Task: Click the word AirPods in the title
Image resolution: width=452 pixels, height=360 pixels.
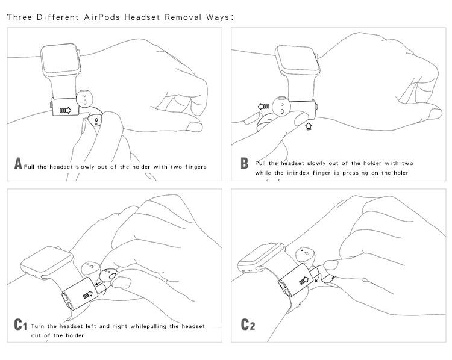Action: pos(102,17)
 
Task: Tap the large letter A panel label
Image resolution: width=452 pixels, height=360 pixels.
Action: pos(18,163)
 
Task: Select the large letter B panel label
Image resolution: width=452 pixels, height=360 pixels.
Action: pos(244,163)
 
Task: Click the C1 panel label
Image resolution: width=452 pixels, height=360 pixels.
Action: pos(20,324)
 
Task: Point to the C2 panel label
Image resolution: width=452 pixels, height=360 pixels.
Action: pos(248,324)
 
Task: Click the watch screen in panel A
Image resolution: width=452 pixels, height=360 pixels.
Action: pos(60,59)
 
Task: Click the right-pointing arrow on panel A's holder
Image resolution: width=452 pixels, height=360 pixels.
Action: pos(66,110)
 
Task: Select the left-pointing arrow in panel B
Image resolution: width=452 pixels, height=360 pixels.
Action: pos(263,107)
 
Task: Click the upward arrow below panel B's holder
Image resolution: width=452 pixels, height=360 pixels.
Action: pos(309,126)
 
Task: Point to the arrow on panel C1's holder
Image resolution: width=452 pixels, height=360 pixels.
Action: pos(88,294)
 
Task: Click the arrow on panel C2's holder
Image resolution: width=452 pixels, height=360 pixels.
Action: pos(304,281)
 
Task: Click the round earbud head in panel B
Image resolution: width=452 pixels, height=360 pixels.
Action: pos(282,106)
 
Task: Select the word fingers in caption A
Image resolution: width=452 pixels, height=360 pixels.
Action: pos(196,167)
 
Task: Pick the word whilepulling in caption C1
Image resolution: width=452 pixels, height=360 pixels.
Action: pos(148,327)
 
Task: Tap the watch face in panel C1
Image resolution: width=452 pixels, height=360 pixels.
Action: pos(46,261)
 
